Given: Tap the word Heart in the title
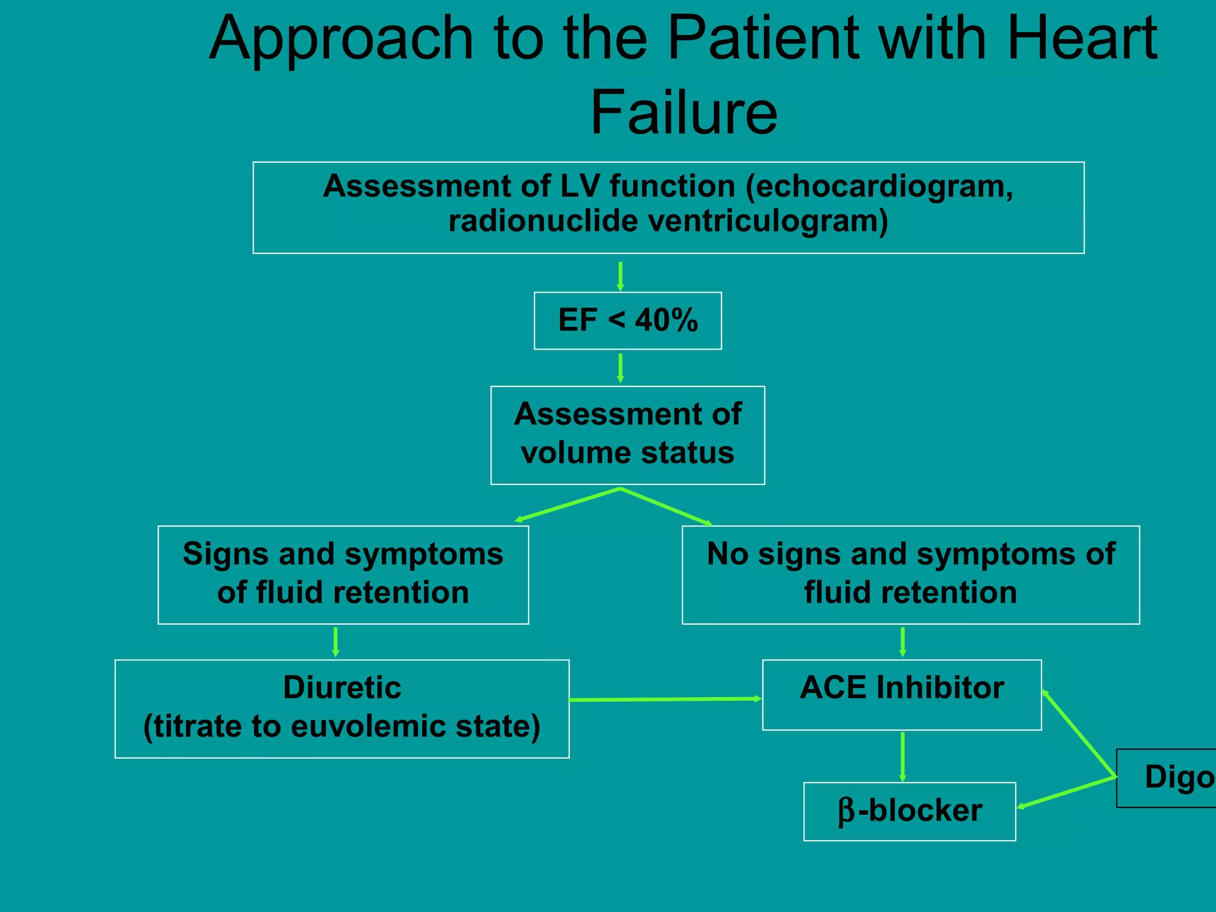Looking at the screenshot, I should coord(1082,38).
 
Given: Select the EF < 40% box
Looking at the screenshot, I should coord(628,321).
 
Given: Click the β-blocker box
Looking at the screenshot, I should coord(910,811).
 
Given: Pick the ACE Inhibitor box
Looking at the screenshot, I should coord(901,694).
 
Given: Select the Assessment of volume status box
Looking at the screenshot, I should coord(628,435).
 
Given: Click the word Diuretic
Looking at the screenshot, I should coord(342,688).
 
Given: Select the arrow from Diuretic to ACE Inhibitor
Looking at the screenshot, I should coord(665,699).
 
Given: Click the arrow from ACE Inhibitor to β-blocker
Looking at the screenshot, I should coord(902,756).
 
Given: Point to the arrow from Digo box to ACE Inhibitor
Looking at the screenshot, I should coord(1079,734).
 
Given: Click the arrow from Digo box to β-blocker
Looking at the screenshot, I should coord(1067,792).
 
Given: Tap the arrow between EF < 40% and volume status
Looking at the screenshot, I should coord(620,368).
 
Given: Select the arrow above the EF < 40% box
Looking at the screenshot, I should coord(620,276).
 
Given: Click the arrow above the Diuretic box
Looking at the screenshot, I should coord(335,642).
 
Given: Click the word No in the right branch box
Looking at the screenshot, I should coord(727,554).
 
